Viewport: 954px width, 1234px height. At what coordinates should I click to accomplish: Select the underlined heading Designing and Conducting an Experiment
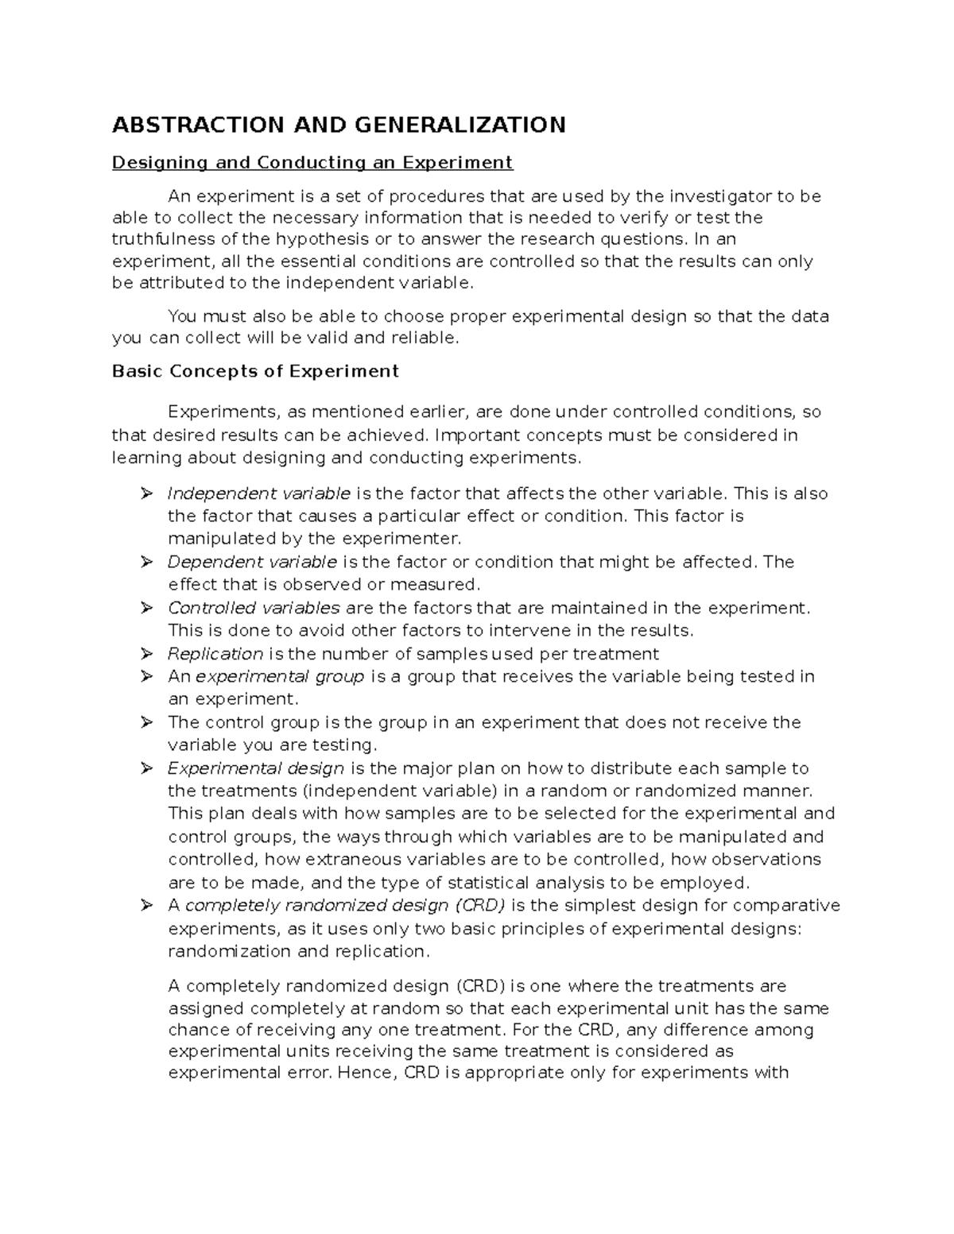pyautogui.click(x=312, y=163)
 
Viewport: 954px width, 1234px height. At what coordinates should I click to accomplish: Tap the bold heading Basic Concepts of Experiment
pyautogui.click(x=255, y=371)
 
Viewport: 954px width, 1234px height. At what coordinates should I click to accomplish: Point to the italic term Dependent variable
pyautogui.click(x=252, y=562)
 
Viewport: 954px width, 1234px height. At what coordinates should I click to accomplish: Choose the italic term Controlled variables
pyautogui.click(x=254, y=608)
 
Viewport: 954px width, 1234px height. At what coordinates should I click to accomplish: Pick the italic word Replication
pyautogui.click(x=215, y=654)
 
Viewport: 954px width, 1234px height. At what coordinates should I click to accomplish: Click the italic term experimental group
pyautogui.click(x=280, y=676)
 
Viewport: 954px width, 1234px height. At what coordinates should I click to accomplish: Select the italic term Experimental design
pyautogui.click(x=256, y=768)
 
